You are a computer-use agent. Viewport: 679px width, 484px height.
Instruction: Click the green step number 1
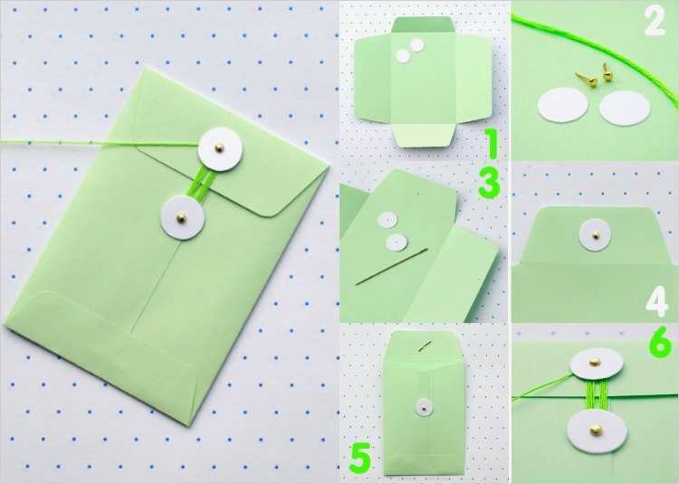[491, 143]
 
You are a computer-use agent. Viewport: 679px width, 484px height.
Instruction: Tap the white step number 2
[655, 22]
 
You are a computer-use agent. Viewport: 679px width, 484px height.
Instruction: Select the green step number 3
[489, 184]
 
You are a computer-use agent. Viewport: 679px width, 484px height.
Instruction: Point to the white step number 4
[657, 302]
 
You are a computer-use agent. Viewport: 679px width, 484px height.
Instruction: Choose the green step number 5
[360, 457]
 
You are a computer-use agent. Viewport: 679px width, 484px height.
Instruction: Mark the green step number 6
[661, 344]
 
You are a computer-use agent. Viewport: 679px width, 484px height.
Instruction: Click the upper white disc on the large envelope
[220, 148]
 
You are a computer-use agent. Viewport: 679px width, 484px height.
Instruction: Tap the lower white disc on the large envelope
[182, 217]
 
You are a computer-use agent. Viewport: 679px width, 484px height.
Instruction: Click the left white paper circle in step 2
[563, 105]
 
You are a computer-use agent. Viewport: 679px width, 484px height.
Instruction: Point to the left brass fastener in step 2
[587, 80]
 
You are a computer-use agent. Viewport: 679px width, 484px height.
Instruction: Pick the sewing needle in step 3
[391, 267]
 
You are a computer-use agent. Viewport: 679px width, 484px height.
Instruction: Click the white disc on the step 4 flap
[595, 235]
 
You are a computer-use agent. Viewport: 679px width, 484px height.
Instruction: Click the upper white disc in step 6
[597, 364]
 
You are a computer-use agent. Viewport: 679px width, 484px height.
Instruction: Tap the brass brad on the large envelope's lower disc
[181, 218]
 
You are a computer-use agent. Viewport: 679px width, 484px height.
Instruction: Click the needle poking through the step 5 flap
[425, 346]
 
